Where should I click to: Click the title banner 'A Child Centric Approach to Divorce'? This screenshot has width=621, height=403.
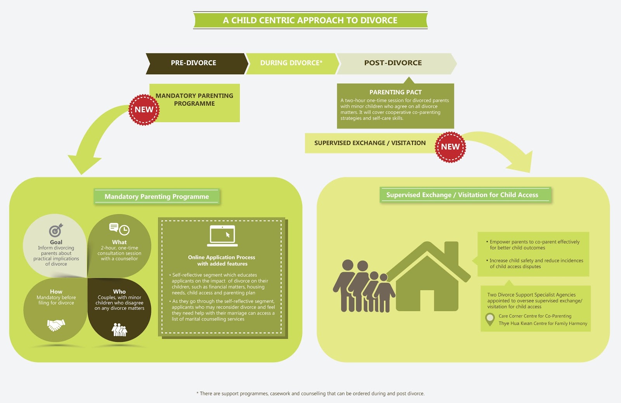310,20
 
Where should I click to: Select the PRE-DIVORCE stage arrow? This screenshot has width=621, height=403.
194,63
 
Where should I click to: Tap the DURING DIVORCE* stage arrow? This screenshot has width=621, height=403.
291,63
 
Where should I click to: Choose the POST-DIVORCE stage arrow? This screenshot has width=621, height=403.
393,63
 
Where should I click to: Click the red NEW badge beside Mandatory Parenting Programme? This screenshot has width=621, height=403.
144,110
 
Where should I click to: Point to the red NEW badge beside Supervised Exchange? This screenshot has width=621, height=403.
450,147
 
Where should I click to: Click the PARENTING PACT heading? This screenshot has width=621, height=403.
395,92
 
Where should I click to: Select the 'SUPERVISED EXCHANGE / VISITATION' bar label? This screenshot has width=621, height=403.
369,143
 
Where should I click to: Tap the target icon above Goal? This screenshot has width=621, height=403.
56,230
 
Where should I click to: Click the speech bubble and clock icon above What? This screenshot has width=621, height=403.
119,229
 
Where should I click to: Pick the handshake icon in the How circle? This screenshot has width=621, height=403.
56,324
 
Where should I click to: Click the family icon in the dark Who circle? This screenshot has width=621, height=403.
119,330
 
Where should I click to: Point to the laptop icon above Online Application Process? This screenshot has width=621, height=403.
222,236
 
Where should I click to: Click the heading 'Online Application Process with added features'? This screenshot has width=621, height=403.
222,260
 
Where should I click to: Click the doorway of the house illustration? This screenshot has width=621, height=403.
427,300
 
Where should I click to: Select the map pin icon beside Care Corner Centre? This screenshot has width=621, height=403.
490,319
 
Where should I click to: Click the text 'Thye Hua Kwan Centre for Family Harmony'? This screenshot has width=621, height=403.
543,323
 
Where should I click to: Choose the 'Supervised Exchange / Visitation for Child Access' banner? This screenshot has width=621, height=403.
462,195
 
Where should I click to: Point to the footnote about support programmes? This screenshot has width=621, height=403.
310,393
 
